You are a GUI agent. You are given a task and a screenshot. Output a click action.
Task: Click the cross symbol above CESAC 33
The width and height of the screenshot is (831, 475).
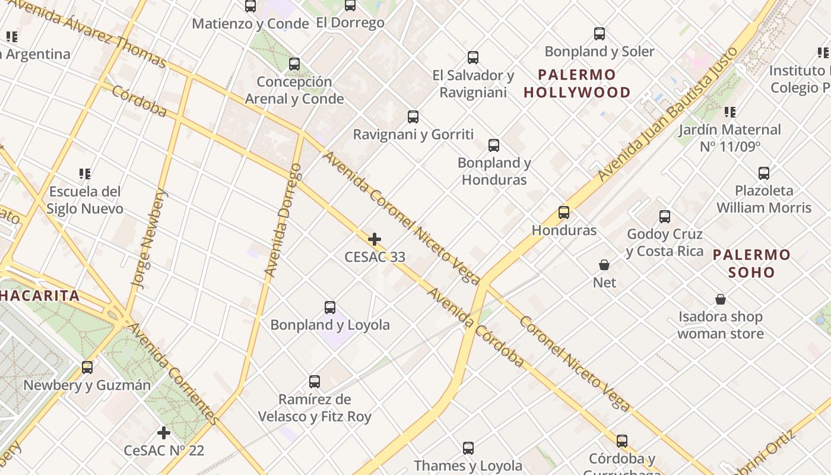pyautogui.click(x=375, y=239)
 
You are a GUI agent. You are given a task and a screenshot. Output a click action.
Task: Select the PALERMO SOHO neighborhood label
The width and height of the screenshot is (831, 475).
pyautogui.click(x=751, y=264)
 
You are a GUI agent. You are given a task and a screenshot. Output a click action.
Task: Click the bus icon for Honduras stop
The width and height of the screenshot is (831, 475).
pyautogui.click(x=564, y=212)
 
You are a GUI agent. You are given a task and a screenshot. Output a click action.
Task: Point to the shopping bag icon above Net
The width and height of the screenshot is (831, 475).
pyautogui.click(x=604, y=265)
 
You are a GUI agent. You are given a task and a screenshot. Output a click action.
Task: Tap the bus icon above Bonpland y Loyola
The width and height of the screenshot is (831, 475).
pyautogui.click(x=330, y=307)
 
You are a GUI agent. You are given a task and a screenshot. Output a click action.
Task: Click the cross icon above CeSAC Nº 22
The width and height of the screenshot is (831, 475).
pyautogui.click(x=164, y=433)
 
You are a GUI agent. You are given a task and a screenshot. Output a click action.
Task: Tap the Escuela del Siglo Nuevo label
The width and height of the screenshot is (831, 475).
pyautogui.click(x=85, y=200)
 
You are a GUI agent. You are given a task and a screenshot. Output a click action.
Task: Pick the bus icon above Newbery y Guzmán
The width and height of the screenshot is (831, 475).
pyautogui.click(x=87, y=367)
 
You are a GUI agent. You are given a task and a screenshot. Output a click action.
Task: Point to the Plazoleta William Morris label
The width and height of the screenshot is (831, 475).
pyautogui.click(x=763, y=199)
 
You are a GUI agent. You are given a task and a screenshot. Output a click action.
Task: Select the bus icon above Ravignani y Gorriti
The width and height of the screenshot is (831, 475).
pyautogui.click(x=413, y=116)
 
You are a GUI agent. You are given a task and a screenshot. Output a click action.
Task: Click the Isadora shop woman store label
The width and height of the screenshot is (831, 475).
pyautogui.click(x=721, y=325)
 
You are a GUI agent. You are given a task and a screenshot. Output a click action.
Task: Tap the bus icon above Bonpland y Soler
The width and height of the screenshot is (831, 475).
pyautogui.click(x=600, y=34)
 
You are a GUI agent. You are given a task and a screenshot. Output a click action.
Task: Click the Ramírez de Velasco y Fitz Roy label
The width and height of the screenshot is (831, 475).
pyautogui.click(x=315, y=408)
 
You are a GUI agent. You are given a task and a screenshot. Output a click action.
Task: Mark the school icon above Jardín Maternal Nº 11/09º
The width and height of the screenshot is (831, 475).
pyautogui.click(x=730, y=112)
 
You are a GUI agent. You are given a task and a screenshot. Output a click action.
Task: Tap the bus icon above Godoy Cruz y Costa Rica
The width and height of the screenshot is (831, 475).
pyautogui.click(x=665, y=217)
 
